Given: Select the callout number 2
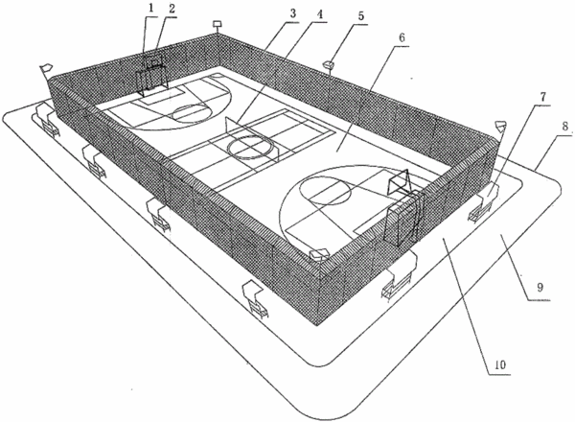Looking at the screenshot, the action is click(x=172, y=10).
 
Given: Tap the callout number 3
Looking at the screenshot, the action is click(x=292, y=13).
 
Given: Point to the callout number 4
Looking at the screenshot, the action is click(x=320, y=14).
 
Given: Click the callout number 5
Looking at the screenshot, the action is click(x=361, y=16).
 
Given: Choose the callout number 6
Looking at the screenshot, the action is click(x=402, y=37).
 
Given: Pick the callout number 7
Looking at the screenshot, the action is click(x=543, y=97).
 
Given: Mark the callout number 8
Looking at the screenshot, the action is click(x=565, y=127).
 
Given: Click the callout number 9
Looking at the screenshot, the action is click(x=540, y=287).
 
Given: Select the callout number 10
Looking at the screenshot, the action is click(x=500, y=364).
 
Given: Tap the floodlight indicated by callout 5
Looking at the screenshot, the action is click(x=329, y=65).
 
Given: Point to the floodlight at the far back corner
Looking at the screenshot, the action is click(x=218, y=24).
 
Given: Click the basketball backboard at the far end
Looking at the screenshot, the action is click(x=152, y=61).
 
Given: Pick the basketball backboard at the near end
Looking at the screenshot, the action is click(x=399, y=181).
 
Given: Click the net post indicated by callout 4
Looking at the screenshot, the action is click(x=227, y=126).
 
